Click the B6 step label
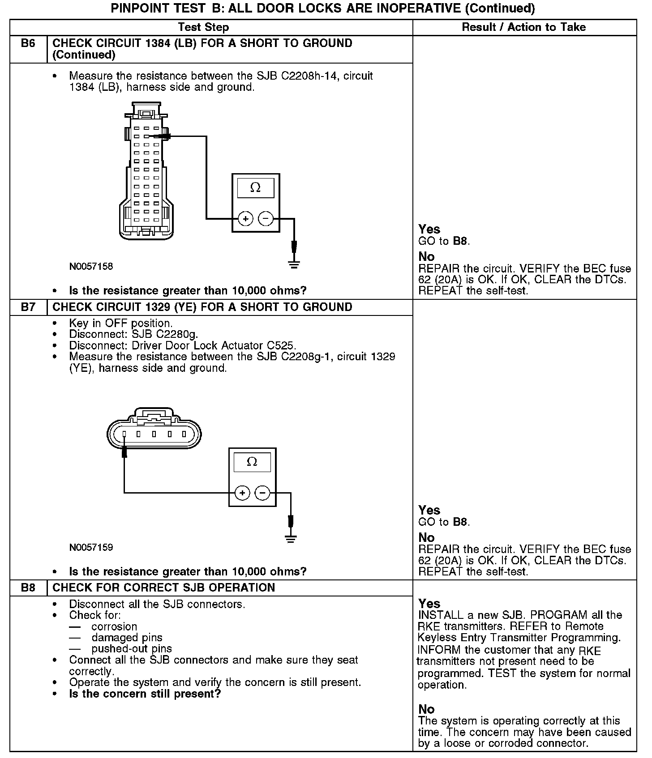[28, 43]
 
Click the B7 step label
[28, 307]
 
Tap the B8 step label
[28, 588]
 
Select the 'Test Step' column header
[203, 27]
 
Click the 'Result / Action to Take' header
[523, 27]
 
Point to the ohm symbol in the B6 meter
[255, 187]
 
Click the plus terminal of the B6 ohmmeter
[245, 219]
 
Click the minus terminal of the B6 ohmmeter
[266, 219]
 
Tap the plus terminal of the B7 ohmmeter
[242, 493]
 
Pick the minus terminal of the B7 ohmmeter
[262, 493]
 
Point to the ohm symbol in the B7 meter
[252, 462]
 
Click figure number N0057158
[91, 267]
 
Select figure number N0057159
[91, 547]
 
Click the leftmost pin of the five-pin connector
[124, 434]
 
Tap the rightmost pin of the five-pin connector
[184, 434]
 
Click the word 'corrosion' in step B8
[114, 626]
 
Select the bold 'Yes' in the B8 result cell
[429, 603]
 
